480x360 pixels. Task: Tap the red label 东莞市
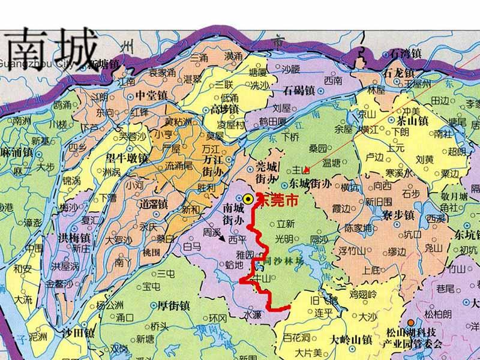coord(277,200)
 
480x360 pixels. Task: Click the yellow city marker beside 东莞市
coord(247,199)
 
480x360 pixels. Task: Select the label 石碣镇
coord(298,92)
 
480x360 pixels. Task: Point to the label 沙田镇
coord(78,332)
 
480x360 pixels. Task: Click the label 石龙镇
coord(397,73)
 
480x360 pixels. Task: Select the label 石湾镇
coord(406,54)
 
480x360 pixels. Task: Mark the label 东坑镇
coord(467,233)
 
